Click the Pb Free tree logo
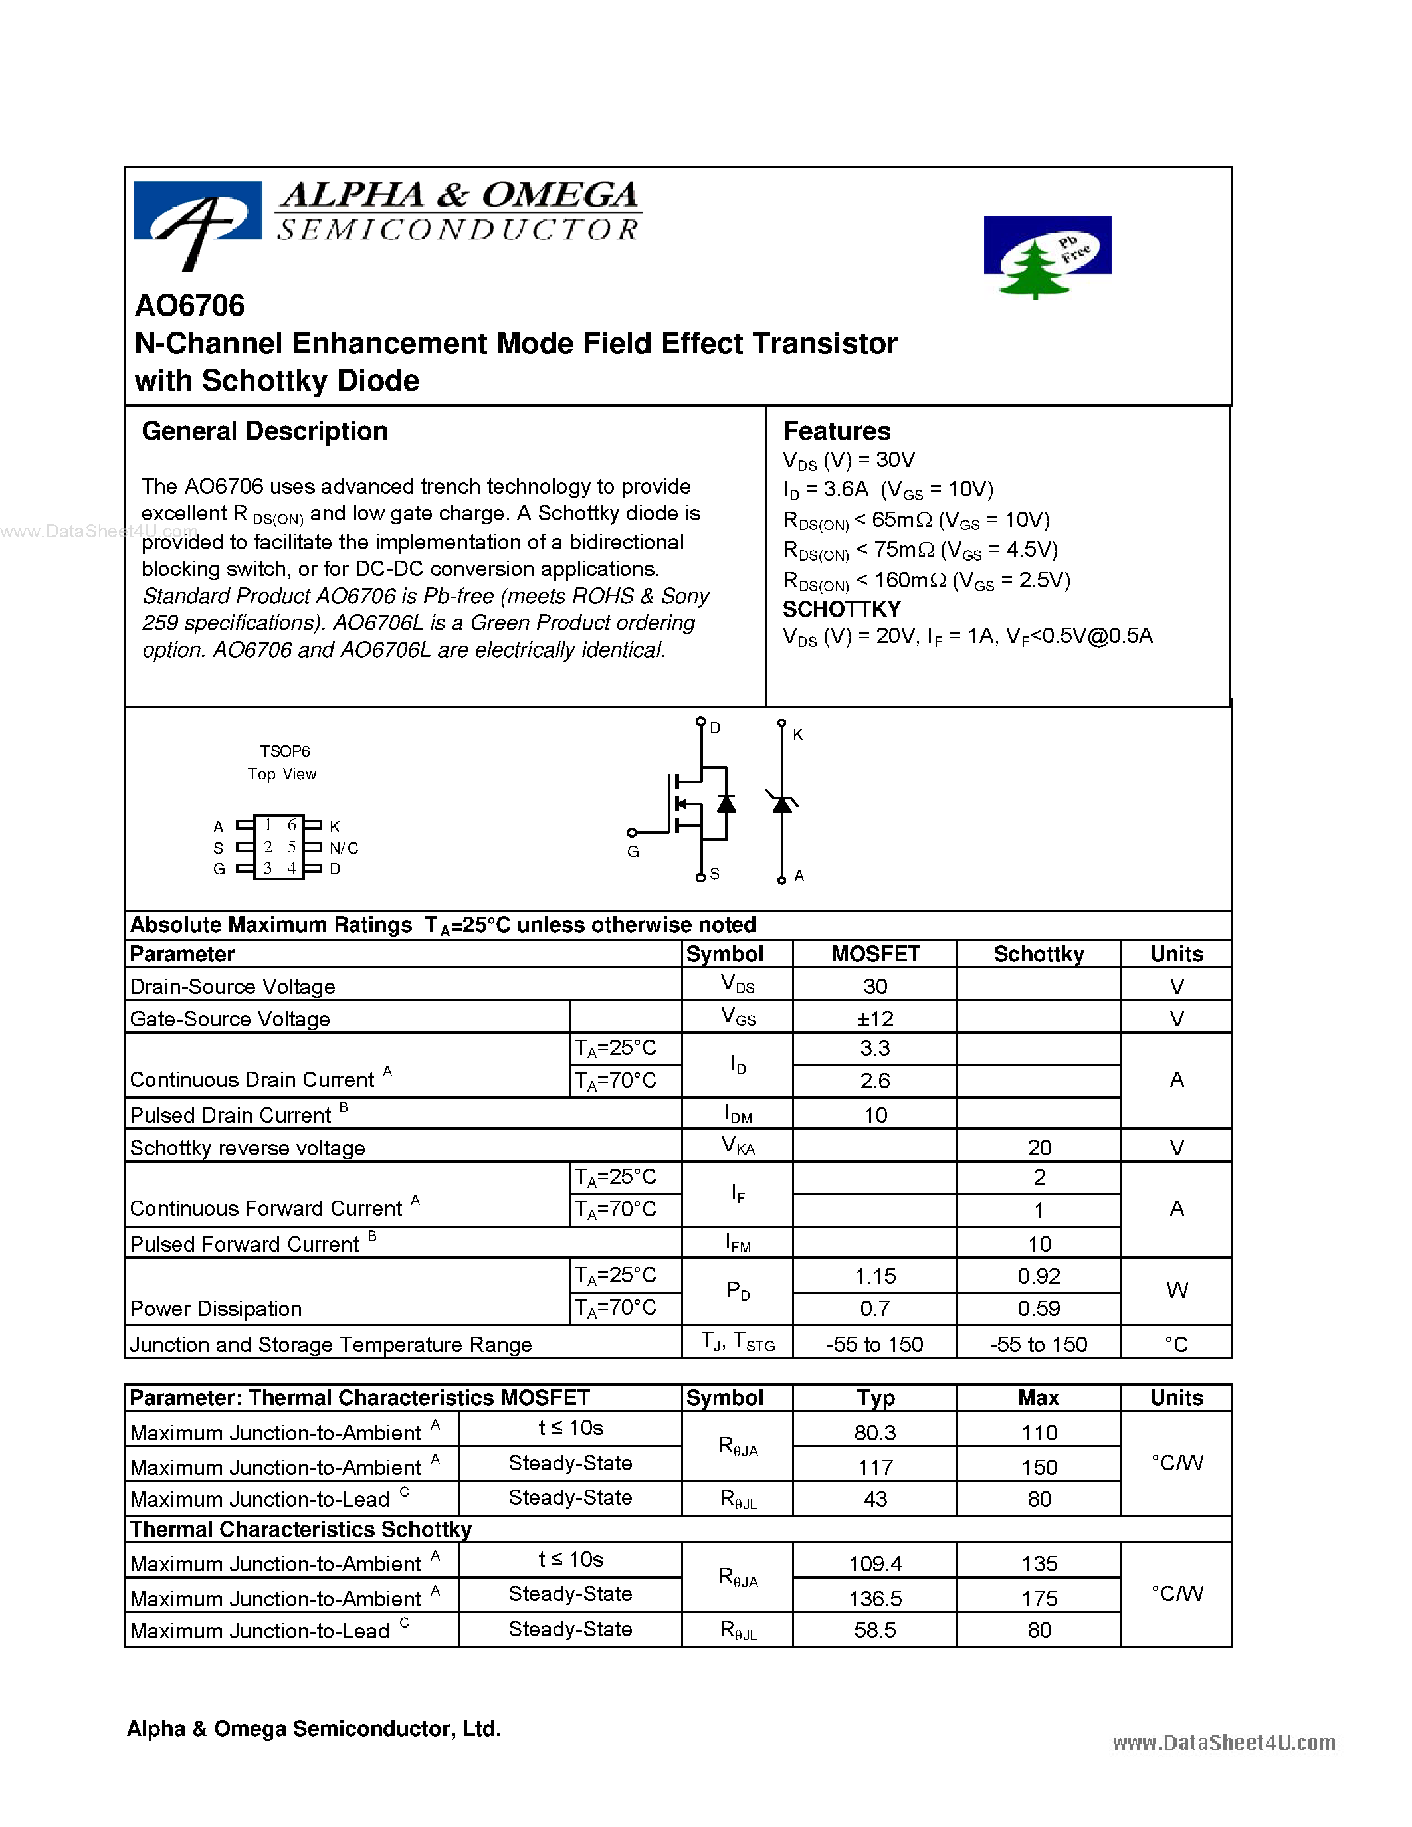(1047, 256)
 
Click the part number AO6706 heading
(190, 306)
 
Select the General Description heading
(264, 432)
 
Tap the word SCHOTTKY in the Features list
(841, 609)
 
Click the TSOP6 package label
(284, 751)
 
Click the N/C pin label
(344, 848)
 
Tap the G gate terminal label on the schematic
(633, 852)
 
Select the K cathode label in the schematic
(798, 735)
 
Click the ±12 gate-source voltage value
(875, 1019)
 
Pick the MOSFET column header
(875, 955)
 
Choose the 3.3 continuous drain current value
(875, 1048)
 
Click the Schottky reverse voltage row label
(248, 1148)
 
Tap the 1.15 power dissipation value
(875, 1276)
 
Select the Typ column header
(875, 1398)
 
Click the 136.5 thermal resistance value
(875, 1598)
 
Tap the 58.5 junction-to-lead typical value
(875, 1630)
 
